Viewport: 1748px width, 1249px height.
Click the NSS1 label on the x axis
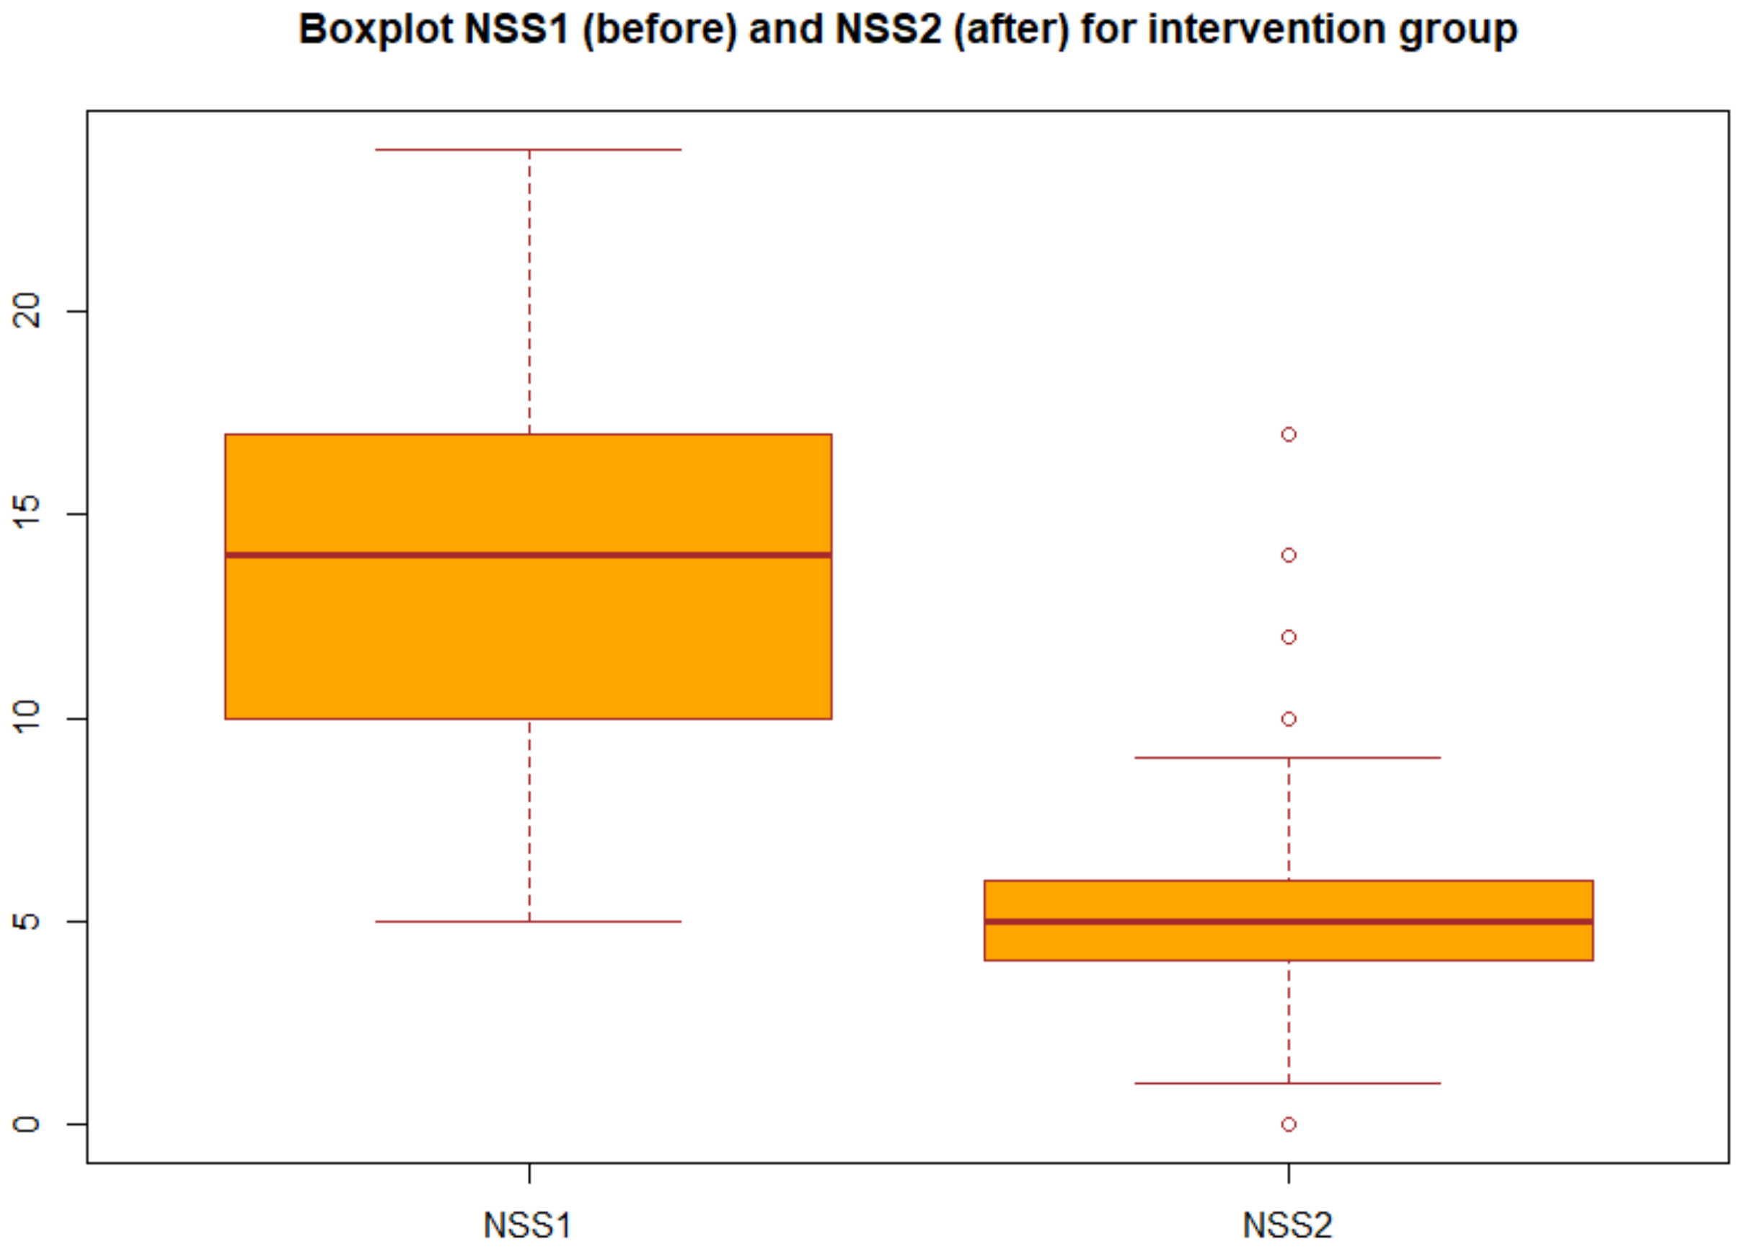click(x=528, y=1224)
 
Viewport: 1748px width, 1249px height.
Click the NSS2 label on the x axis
click(x=1287, y=1224)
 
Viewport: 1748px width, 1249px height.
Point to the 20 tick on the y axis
click(x=27, y=311)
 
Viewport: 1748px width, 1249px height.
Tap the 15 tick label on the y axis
click(x=27, y=514)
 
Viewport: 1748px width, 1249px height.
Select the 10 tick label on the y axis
click(x=27, y=718)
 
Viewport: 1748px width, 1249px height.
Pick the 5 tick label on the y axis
click(x=27, y=921)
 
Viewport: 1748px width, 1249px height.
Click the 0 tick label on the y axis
click(x=27, y=1124)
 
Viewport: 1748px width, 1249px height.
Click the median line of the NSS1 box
click(x=528, y=555)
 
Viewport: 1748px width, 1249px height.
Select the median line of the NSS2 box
click(x=1288, y=921)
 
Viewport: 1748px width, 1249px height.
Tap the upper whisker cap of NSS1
click(x=529, y=149)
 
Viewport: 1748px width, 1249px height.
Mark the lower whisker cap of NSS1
click(x=529, y=922)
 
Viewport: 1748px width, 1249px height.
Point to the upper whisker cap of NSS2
click(x=1288, y=758)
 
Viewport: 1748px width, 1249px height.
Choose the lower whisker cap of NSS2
click(x=1288, y=1083)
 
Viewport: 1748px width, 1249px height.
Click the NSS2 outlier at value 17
click(x=1289, y=435)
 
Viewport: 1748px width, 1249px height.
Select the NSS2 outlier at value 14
click(x=1289, y=555)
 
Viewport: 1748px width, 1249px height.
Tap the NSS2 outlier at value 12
click(x=1289, y=637)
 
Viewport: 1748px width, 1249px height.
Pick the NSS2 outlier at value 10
click(x=1289, y=719)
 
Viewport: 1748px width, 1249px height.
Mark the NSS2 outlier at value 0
click(x=1289, y=1124)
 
